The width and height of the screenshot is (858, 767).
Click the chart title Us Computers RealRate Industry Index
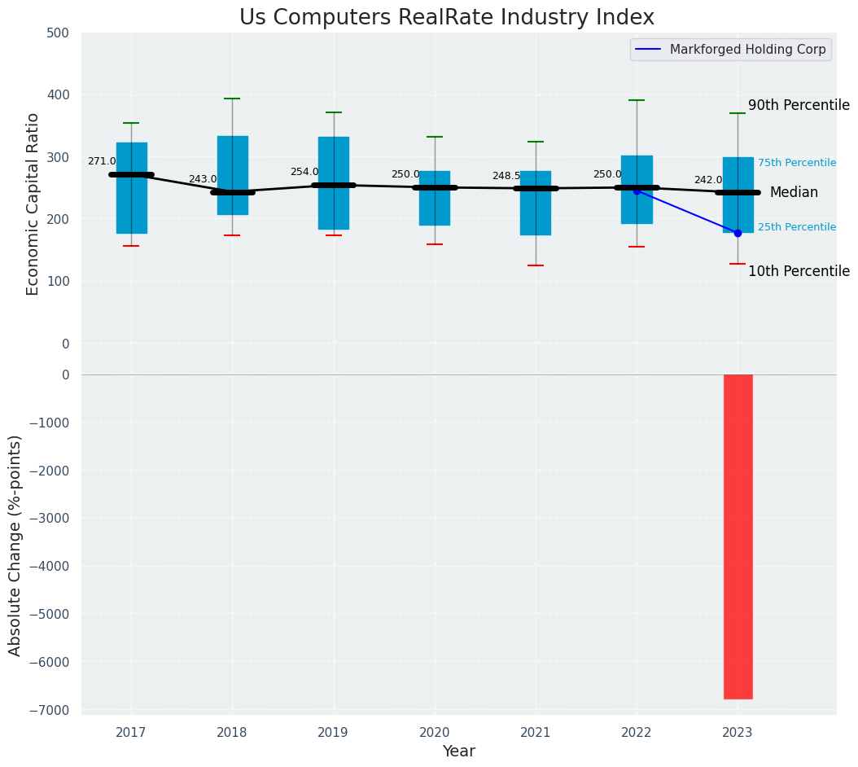tap(446, 18)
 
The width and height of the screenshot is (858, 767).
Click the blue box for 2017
tap(131, 188)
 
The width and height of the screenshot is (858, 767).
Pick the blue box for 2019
tap(333, 183)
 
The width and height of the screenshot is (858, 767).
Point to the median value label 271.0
tap(102, 161)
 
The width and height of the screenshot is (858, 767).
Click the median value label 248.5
tap(506, 176)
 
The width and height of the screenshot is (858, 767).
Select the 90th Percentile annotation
tap(798, 105)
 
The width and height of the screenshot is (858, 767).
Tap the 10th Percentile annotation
tap(798, 271)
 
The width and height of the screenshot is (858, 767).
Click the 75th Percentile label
tap(796, 163)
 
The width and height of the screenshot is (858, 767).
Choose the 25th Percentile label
tap(796, 227)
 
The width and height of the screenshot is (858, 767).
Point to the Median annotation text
tap(793, 193)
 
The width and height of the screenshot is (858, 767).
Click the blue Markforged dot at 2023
tap(738, 233)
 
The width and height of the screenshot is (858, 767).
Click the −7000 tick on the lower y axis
tap(51, 710)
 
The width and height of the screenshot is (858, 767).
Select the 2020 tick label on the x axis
tap(434, 733)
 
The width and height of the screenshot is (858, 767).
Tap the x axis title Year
tap(458, 752)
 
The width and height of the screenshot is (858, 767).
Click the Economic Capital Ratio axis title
tap(33, 204)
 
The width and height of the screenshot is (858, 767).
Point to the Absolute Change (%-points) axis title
tap(15, 545)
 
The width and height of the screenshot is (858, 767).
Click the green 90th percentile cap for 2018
tap(232, 99)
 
